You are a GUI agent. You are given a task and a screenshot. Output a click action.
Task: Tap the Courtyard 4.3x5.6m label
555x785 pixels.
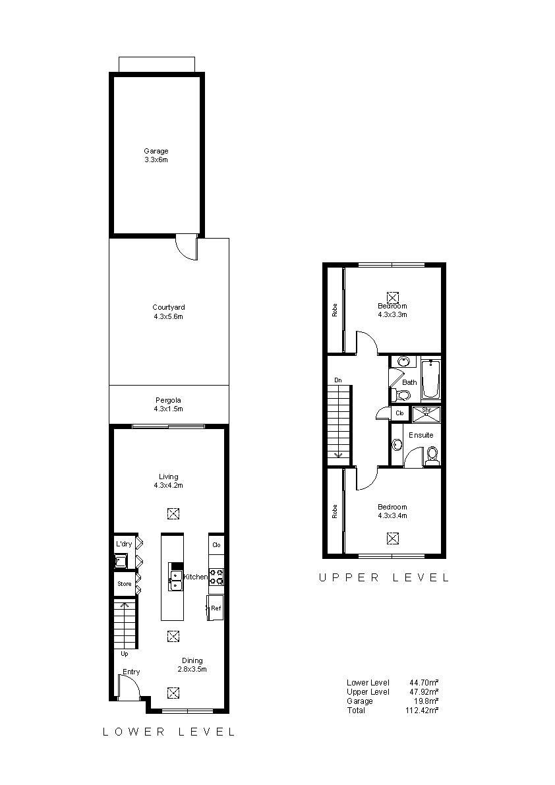pyautogui.click(x=169, y=312)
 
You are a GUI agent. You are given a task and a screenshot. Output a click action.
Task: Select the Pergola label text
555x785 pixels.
pyautogui.click(x=168, y=400)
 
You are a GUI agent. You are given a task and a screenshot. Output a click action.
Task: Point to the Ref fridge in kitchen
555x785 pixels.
pyautogui.click(x=216, y=608)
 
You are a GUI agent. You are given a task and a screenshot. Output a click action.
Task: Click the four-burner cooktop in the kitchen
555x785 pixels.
pyautogui.click(x=216, y=577)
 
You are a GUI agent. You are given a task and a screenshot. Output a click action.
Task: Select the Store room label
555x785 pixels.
pyautogui.click(x=125, y=584)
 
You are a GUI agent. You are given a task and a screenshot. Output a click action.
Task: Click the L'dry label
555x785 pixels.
pyautogui.click(x=124, y=544)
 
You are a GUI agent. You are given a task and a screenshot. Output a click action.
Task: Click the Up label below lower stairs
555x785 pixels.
pyautogui.click(x=125, y=654)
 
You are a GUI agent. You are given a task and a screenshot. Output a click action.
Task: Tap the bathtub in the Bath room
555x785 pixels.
pyautogui.click(x=431, y=379)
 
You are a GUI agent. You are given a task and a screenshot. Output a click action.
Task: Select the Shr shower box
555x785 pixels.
pyautogui.click(x=426, y=414)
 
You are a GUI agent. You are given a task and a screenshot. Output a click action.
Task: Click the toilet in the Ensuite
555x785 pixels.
pyautogui.click(x=432, y=455)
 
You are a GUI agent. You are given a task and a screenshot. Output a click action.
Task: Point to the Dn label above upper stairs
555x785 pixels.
pyautogui.click(x=338, y=380)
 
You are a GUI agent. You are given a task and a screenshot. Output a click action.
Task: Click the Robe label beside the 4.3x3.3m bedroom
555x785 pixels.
pyautogui.click(x=335, y=310)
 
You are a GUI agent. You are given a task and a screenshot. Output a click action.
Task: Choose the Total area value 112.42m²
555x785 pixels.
pyautogui.click(x=422, y=710)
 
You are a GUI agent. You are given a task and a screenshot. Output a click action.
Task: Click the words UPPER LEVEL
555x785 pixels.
pyautogui.click(x=384, y=578)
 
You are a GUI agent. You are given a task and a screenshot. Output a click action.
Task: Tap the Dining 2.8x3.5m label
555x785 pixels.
pyautogui.click(x=192, y=665)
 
